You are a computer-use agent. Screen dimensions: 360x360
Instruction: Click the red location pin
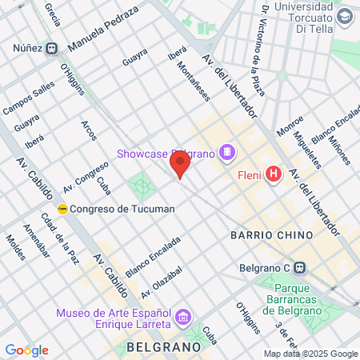point(180,165)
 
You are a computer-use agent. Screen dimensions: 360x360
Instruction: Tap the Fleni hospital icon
point(274,174)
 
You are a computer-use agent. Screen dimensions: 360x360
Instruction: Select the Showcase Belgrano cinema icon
point(228,151)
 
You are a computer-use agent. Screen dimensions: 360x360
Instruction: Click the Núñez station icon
point(53,48)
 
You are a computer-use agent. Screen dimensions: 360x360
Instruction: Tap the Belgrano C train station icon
point(299,269)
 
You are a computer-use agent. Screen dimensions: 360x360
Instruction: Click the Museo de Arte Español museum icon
point(182,318)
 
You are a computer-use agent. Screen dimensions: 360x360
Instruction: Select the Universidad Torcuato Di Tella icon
point(343,16)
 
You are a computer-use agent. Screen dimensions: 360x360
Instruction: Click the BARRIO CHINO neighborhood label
point(265,235)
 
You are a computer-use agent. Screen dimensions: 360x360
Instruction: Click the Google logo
point(26,350)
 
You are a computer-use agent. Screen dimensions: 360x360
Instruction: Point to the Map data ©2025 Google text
point(311,354)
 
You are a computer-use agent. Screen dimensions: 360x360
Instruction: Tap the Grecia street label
point(53,13)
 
